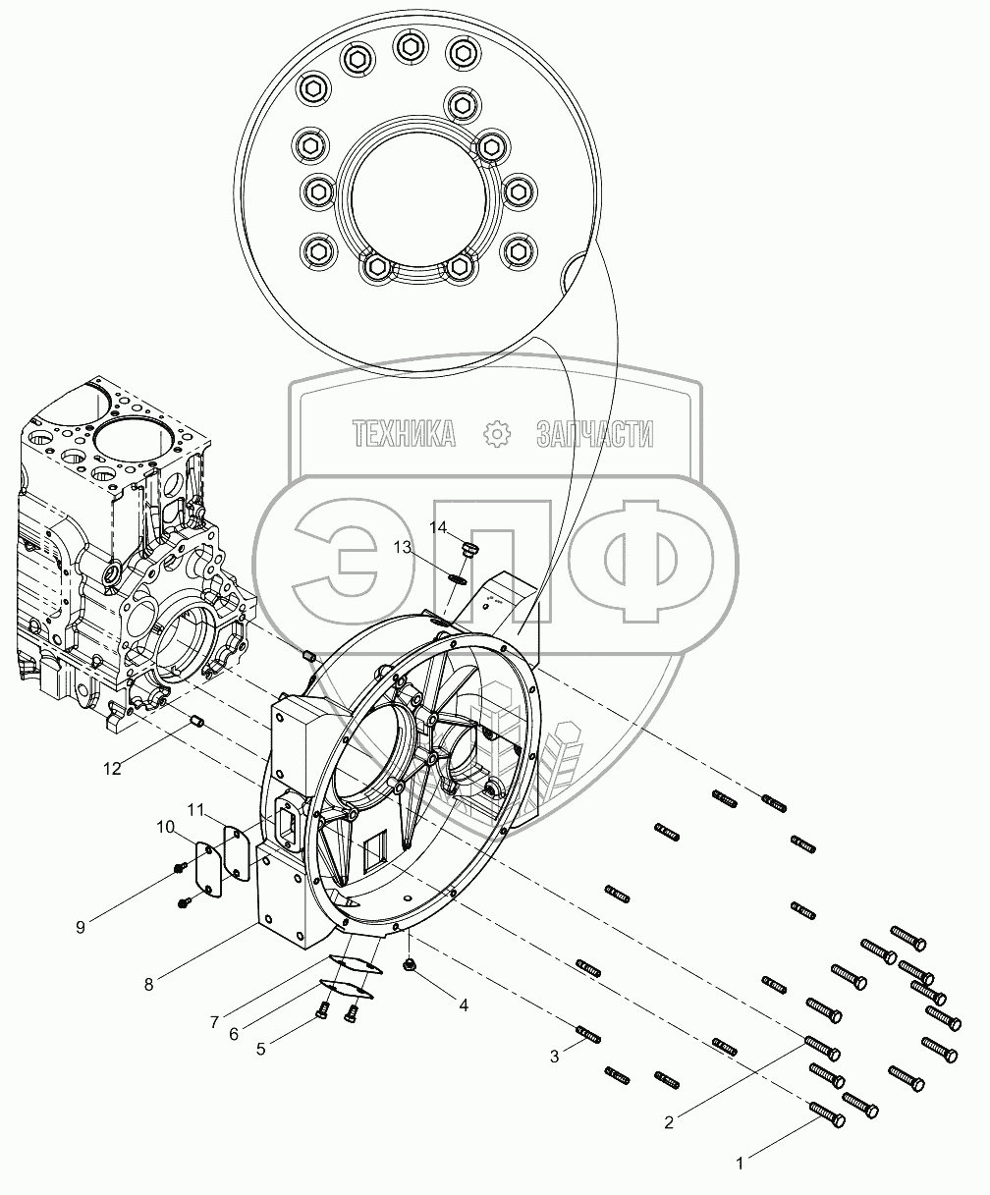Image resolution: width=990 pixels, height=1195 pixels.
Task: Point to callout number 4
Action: pyautogui.click(x=464, y=1005)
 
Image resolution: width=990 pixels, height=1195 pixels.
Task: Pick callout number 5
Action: pyautogui.click(x=260, y=1049)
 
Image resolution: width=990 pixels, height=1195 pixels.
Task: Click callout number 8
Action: pyautogui.click(x=149, y=985)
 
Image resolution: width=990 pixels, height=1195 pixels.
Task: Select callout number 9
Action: pyautogui.click(x=81, y=928)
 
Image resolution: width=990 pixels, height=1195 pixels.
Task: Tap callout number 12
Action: pyautogui.click(x=112, y=769)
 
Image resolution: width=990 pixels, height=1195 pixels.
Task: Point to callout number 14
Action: pyautogui.click(x=438, y=527)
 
